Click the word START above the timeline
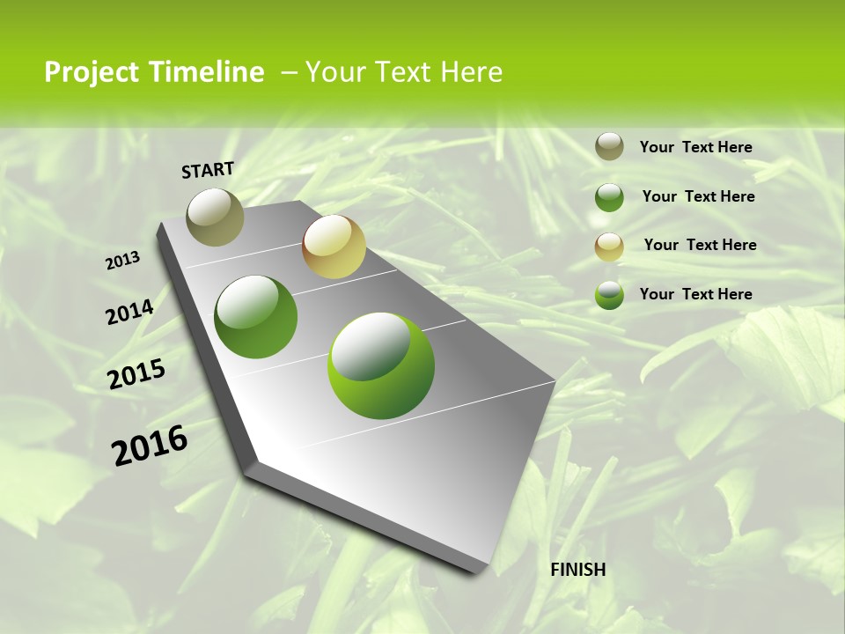[208, 170]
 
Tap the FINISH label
[577, 570]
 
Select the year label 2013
[123, 260]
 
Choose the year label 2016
[150, 445]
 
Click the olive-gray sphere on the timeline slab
[216, 217]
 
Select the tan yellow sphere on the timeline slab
[334, 246]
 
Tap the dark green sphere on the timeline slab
[256, 317]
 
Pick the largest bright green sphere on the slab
[380, 365]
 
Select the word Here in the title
[471, 72]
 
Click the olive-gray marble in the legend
[609, 146]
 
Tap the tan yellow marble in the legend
[609, 247]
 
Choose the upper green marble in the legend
[609, 197]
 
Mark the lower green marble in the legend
[609, 295]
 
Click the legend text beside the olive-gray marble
[695, 147]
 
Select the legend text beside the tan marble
[700, 245]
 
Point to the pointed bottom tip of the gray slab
[475, 571]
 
